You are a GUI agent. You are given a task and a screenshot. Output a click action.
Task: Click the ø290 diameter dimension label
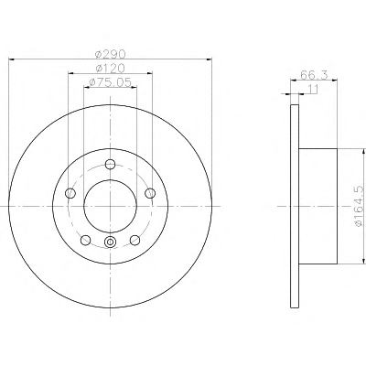111,54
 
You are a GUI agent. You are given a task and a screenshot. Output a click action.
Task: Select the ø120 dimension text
110,69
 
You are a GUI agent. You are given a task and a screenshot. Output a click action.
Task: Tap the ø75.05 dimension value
110,82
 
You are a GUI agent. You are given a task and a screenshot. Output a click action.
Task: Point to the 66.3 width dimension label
314,75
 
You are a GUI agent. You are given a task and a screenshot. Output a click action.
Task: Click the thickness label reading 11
313,90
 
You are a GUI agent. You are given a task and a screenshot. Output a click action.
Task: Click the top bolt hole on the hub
110,165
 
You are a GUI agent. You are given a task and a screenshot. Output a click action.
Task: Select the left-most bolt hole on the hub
70,193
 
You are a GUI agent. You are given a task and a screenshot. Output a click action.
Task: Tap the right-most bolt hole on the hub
150,193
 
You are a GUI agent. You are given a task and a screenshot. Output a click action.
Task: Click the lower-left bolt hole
86,240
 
